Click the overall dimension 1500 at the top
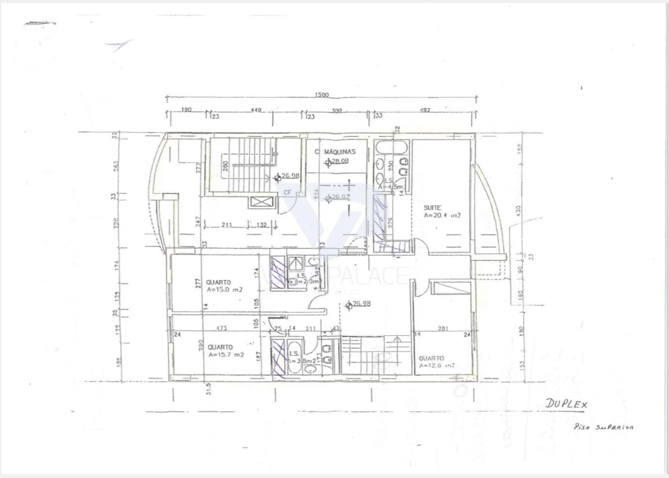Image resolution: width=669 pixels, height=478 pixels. click(x=321, y=96)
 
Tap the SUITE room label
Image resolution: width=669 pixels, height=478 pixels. click(x=432, y=208)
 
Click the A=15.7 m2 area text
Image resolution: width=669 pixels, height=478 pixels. click(x=226, y=355)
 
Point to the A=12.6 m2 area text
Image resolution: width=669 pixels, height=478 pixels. click(x=436, y=365)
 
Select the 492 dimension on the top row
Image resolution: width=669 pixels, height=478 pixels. click(x=425, y=110)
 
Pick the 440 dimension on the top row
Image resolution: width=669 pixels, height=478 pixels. click(x=256, y=110)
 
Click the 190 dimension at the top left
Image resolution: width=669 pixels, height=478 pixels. click(x=186, y=110)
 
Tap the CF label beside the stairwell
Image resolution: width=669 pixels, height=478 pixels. click(x=287, y=192)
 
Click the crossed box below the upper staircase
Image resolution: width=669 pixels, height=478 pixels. click(x=261, y=202)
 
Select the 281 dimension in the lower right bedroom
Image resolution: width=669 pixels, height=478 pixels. click(x=444, y=327)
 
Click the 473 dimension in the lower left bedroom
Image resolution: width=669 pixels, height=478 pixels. click(x=222, y=328)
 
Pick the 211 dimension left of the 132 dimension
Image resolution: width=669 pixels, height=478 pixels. click(x=226, y=225)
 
